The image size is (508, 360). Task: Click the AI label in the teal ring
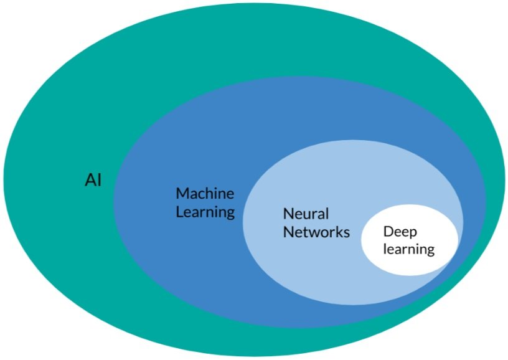[x=93, y=181]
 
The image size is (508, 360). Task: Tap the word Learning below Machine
[x=205, y=212]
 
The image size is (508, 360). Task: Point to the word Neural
[x=306, y=213]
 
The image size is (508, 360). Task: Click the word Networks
[x=316, y=232]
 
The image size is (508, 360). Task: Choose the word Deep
[x=400, y=232]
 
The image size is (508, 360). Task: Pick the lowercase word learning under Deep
[x=408, y=250]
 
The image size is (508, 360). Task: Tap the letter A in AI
[x=90, y=181]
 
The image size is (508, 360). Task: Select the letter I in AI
[x=98, y=181]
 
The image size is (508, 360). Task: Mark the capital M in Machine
[x=182, y=192]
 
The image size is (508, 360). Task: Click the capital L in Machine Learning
[x=179, y=212]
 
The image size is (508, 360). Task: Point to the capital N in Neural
[x=288, y=213]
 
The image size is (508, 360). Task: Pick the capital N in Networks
[x=288, y=232]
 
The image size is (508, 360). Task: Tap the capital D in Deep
[x=388, y=232]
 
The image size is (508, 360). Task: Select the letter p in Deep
[x=413, y=234]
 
